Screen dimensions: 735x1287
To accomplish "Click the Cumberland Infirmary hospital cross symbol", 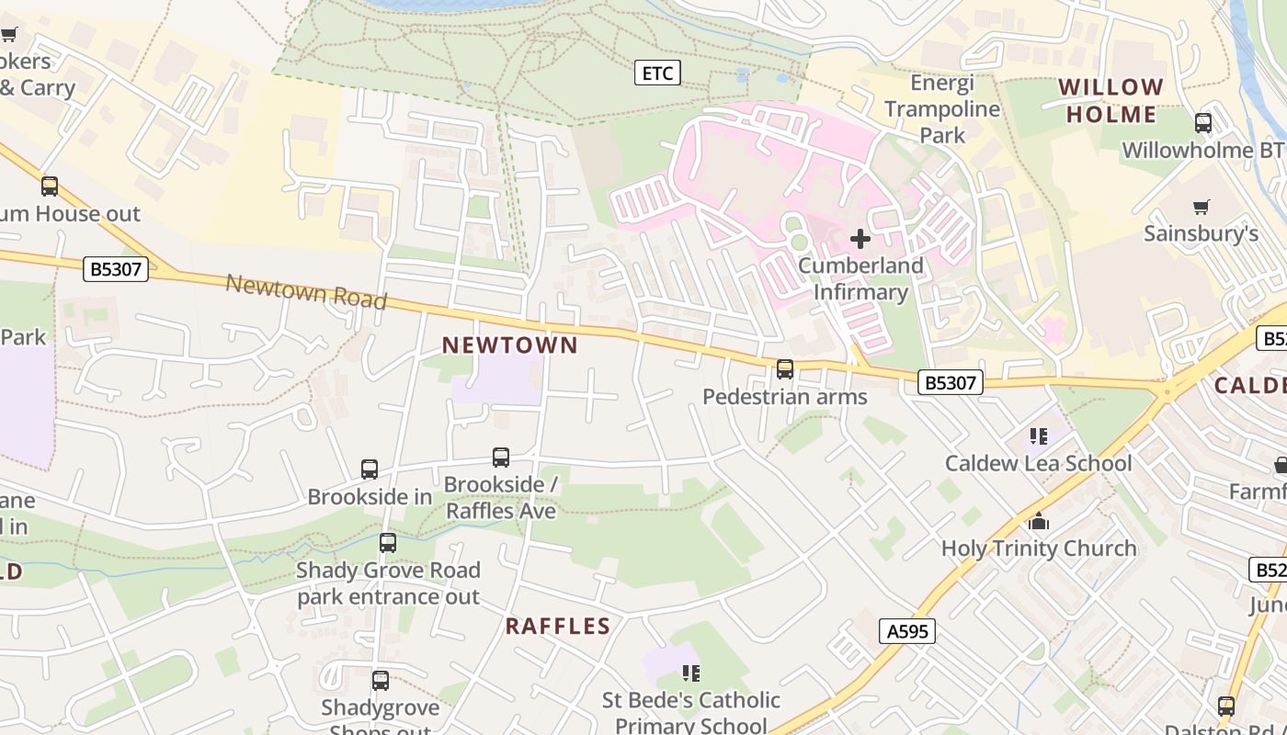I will click(860, 240).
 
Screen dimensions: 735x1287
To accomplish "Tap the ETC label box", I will click(657, 73).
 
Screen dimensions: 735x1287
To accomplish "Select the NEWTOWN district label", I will click(510, 345).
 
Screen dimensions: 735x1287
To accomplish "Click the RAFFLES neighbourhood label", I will click(558, 627).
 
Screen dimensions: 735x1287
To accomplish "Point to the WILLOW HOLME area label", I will click(1111, 101).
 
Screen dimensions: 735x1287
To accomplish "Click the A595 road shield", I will click(907, 631).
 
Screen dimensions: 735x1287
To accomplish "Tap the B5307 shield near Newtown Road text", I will click(115, 269).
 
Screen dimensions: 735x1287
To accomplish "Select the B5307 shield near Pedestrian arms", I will click(951, 382).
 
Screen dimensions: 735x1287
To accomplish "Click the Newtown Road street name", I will click(306, 292).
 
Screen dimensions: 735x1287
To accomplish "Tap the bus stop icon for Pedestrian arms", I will click(785, 369).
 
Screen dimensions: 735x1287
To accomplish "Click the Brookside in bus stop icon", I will click(370, 469).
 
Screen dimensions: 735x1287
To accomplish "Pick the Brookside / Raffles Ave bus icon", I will click(501, 457).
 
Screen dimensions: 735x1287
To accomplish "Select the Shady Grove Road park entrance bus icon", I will click(388, 543).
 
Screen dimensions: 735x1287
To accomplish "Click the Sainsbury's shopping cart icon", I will click(1201, 207).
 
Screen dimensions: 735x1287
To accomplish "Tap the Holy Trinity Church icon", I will click(1040, 522).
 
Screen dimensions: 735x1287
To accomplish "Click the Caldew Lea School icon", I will click(1039, 435).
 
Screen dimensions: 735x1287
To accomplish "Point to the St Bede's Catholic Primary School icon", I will click(691, 673).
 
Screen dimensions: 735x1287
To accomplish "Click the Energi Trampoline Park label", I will click(941, 108).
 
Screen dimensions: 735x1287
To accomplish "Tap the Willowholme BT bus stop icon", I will click(1202, 123).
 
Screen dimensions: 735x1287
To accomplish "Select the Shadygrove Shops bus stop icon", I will click(381, 681).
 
